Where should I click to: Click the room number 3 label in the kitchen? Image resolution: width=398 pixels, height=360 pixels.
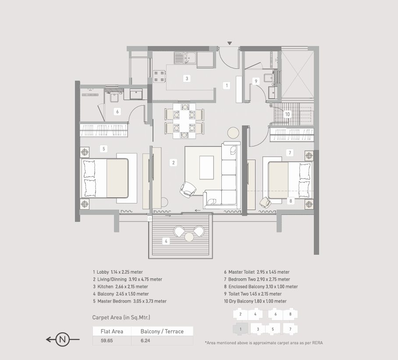[187, 78]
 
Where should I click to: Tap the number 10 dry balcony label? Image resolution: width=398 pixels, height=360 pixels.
[287, 114]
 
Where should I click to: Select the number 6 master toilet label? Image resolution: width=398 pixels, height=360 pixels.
[117, 111]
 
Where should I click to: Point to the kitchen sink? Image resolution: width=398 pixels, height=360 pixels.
[185, 58]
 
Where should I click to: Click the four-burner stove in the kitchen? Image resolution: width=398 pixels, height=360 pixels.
[160, 76]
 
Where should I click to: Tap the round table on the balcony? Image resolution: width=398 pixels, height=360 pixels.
[189, 237]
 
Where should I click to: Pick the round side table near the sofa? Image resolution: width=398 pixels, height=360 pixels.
[233, 133]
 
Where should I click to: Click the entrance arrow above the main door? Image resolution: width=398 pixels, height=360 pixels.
[229, 43]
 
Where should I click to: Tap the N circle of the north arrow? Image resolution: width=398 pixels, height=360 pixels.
[62, 339]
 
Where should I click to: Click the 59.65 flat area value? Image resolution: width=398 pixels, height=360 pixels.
[107, 341]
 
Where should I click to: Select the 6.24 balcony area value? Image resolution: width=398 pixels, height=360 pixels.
[146, 341]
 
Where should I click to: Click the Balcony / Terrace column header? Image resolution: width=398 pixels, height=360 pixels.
[162, 331]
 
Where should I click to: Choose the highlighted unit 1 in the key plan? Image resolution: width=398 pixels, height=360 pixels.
[240, 329]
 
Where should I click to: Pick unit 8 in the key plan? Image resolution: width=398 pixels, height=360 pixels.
[290, 314]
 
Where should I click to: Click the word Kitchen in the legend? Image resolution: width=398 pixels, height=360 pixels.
[105, 287]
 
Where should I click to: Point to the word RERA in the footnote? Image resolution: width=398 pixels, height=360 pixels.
[317, 343]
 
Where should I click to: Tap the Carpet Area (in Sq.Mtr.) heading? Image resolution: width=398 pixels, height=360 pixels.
[121, 317]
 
